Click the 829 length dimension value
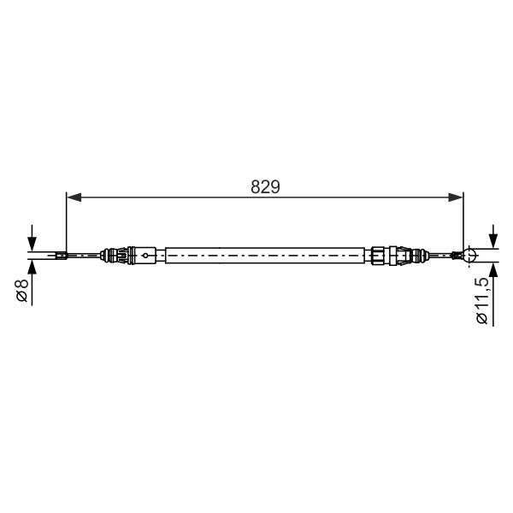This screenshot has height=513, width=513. pyautogui.click(x=265, y=187)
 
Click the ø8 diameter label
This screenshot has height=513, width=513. pyautogui.click(x=22, y=290)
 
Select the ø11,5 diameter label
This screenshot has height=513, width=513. pyautogui.click(x=482, y=300)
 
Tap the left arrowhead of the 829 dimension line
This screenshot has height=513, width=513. pyautogui.click(x=74, y=198)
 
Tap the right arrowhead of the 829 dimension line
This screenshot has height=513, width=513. pyautogui.click(x=456, y=198)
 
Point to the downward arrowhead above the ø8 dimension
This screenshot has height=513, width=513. pyautogui.click(x=32, y=244)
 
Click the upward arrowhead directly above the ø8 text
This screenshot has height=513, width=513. pyautogui.click(x=32, y=267)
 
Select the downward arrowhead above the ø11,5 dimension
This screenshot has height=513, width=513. pyautogui.click(x=493, y=241)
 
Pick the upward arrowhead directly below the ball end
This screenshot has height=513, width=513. pyautogui.click(x=493, y=269)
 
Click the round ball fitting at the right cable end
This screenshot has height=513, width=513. pyautogui.click(x=469, y=255)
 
